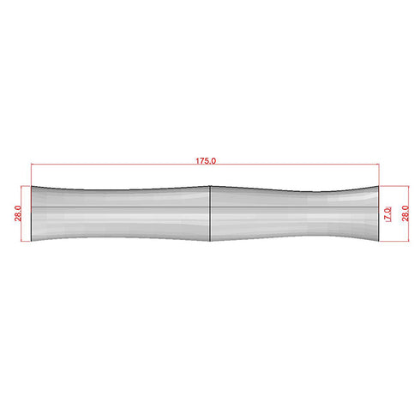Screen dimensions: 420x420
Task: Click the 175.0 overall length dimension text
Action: [207, 160]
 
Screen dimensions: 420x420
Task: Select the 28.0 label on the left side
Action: [19, 213]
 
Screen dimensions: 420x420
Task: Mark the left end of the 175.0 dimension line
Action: [32, 165]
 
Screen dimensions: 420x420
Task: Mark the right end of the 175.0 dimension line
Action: [378, 165]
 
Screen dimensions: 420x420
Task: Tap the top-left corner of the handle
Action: [32, 186]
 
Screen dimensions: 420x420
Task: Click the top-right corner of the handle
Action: [378, 186]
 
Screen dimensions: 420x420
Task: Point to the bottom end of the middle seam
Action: [210, 242]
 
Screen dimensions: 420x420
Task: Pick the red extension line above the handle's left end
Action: [32, 175]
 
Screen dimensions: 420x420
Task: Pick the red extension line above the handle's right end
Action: [378, 175]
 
